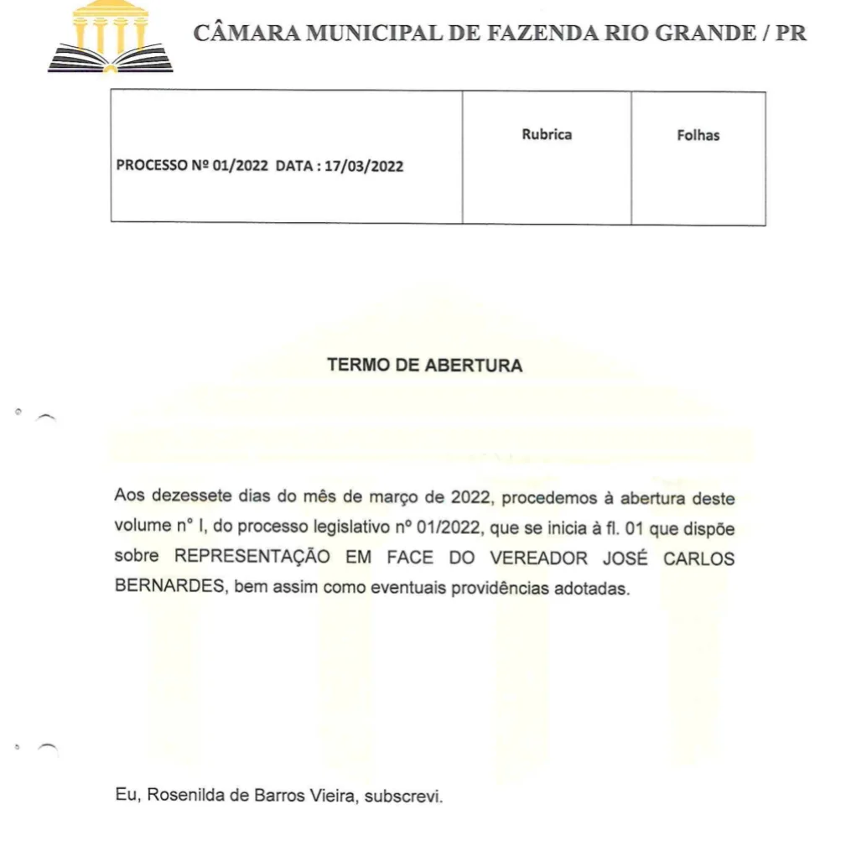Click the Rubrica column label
click(547, 134)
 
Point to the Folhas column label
click(698, 135)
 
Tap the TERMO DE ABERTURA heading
click(424, 366)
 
